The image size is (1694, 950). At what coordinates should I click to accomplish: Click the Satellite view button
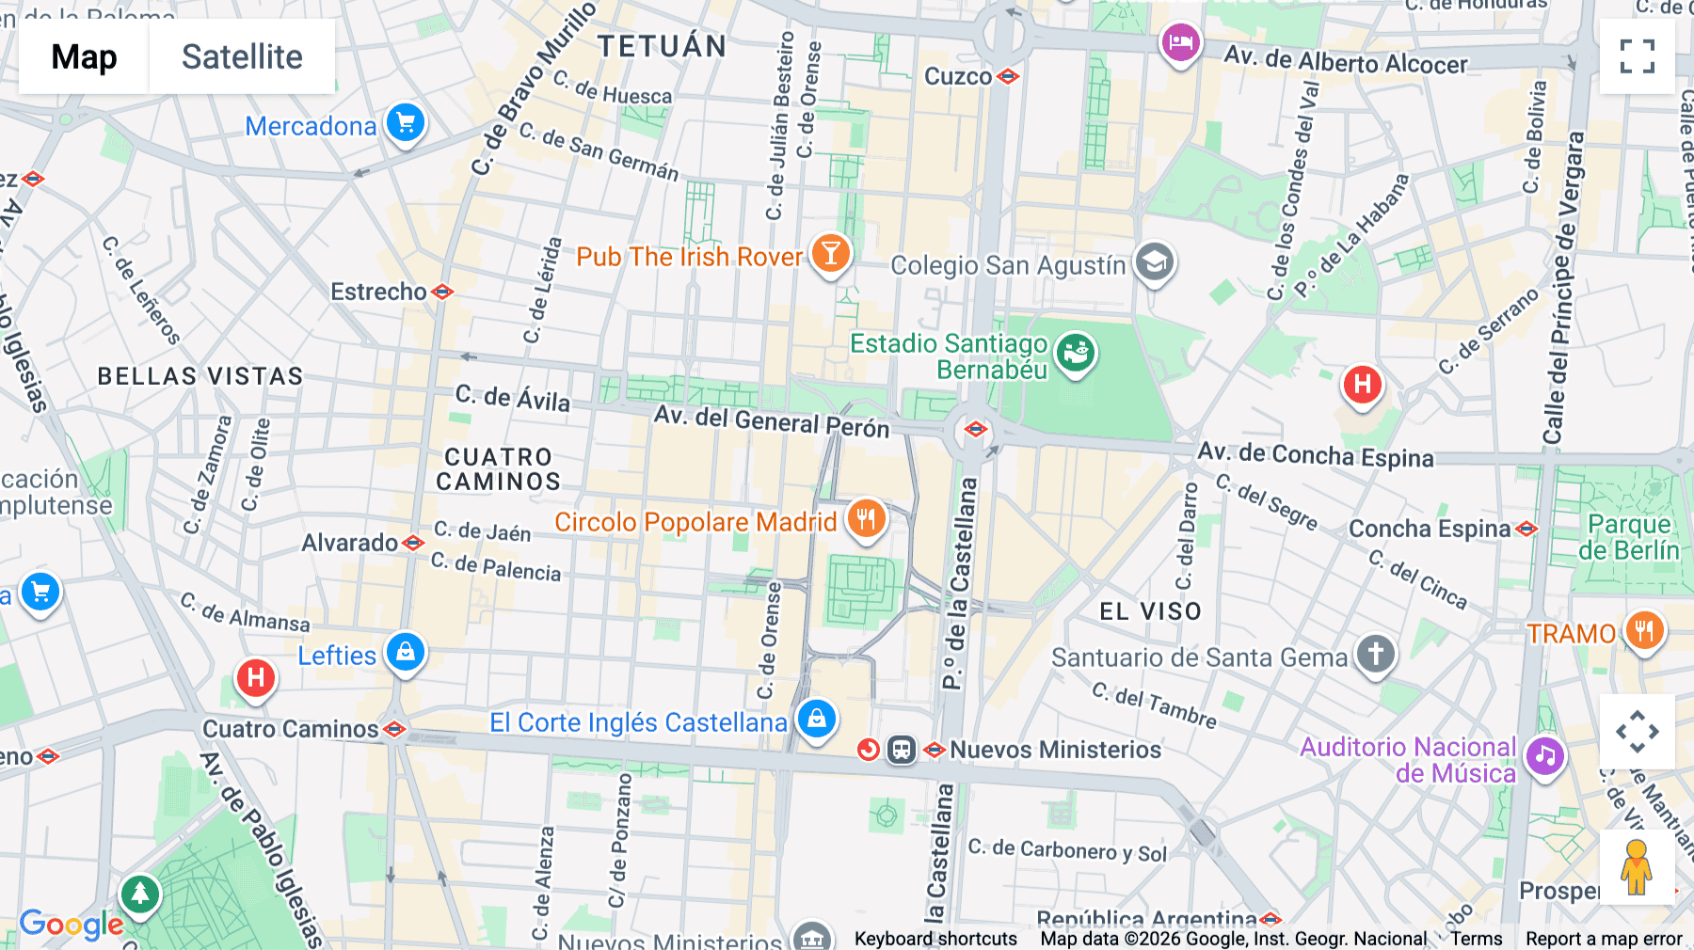coord(242,56)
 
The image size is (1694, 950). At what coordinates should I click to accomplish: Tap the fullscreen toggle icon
coord(1637,56)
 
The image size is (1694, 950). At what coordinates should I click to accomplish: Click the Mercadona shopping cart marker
coord(406,122)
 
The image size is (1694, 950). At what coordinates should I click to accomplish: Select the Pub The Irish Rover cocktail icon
coord(830,253)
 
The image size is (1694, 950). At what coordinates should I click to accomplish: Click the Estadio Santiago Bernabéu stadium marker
coord(1076,354)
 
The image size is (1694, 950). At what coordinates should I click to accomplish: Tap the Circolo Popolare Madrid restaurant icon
coord(866,518)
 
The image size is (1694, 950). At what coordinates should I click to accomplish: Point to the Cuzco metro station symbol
coord(1008,76)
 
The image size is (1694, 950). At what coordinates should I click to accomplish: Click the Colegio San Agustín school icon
coord(1155,262)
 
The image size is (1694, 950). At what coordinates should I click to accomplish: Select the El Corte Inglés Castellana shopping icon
coord(816,719)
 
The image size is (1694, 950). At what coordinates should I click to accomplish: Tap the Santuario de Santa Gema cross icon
coord(1375,654)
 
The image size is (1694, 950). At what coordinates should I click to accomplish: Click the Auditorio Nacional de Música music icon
coord(1544,755)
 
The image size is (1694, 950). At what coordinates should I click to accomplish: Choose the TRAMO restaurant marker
coord(1644,630)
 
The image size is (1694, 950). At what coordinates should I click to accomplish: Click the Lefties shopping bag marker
coord(406,651)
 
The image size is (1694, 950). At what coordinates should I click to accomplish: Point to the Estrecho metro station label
coord(379,292)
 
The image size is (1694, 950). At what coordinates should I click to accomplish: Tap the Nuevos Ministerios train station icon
coord(902,750)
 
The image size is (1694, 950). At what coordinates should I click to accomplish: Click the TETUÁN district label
coord(662,46)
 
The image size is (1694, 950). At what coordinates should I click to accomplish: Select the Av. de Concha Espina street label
coord(1315,455)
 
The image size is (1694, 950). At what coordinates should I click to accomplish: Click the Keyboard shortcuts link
coord(935,938)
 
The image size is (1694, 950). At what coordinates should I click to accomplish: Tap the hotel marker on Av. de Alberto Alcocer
coord(1180,41)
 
